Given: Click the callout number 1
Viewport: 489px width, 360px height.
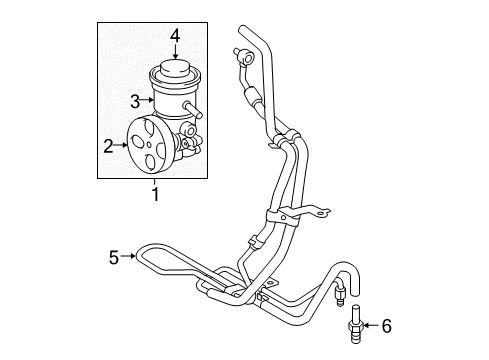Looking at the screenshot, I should [x=155, y=193].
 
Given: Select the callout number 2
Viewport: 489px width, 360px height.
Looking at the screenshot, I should [x=109, y=146].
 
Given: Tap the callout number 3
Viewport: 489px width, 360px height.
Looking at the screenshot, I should [x=135, y=100].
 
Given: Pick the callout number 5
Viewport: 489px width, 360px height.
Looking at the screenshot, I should [x=114, y=256].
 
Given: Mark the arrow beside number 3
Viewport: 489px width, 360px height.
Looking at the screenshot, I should [x=148, y=100].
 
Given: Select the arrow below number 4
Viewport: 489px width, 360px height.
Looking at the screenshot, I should [x=174, y=55].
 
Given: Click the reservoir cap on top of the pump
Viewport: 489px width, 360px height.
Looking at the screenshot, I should [x=174, y=73].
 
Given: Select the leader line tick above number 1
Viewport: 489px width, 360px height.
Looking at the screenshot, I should [x=155, y=181].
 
